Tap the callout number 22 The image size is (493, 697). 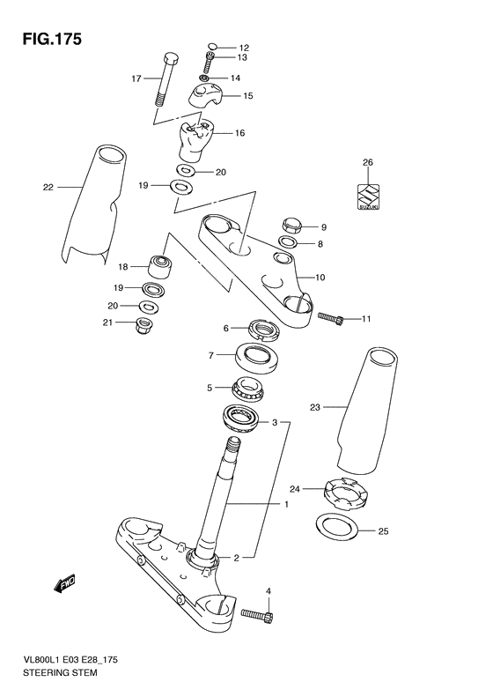[x=48, y=186]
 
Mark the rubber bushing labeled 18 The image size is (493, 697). [x=162, y=265]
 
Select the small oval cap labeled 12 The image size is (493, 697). [x=212, y=48]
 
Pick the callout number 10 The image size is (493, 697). [x=320, y=278]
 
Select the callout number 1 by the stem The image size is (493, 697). [x=285, y=505]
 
